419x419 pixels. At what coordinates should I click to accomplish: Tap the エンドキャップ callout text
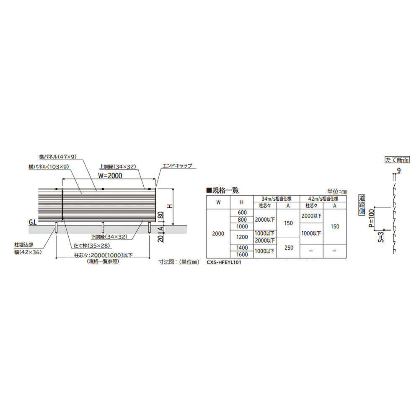point(177,166)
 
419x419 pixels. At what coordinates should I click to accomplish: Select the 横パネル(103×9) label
point(49,167)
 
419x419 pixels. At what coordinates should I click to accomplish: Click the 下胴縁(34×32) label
point(112,237)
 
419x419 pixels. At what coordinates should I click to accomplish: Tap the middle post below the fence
point(103,227)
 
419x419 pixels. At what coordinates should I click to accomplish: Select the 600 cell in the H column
point(243,212)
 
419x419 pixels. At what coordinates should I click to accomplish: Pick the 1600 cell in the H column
point(243,254)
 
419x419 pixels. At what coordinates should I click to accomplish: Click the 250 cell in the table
point(288,248)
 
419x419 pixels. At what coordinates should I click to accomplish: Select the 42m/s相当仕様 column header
point(323,198)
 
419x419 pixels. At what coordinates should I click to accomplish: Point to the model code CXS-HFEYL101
point(224,263)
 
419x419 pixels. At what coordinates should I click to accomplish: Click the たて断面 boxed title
point(396,160)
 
